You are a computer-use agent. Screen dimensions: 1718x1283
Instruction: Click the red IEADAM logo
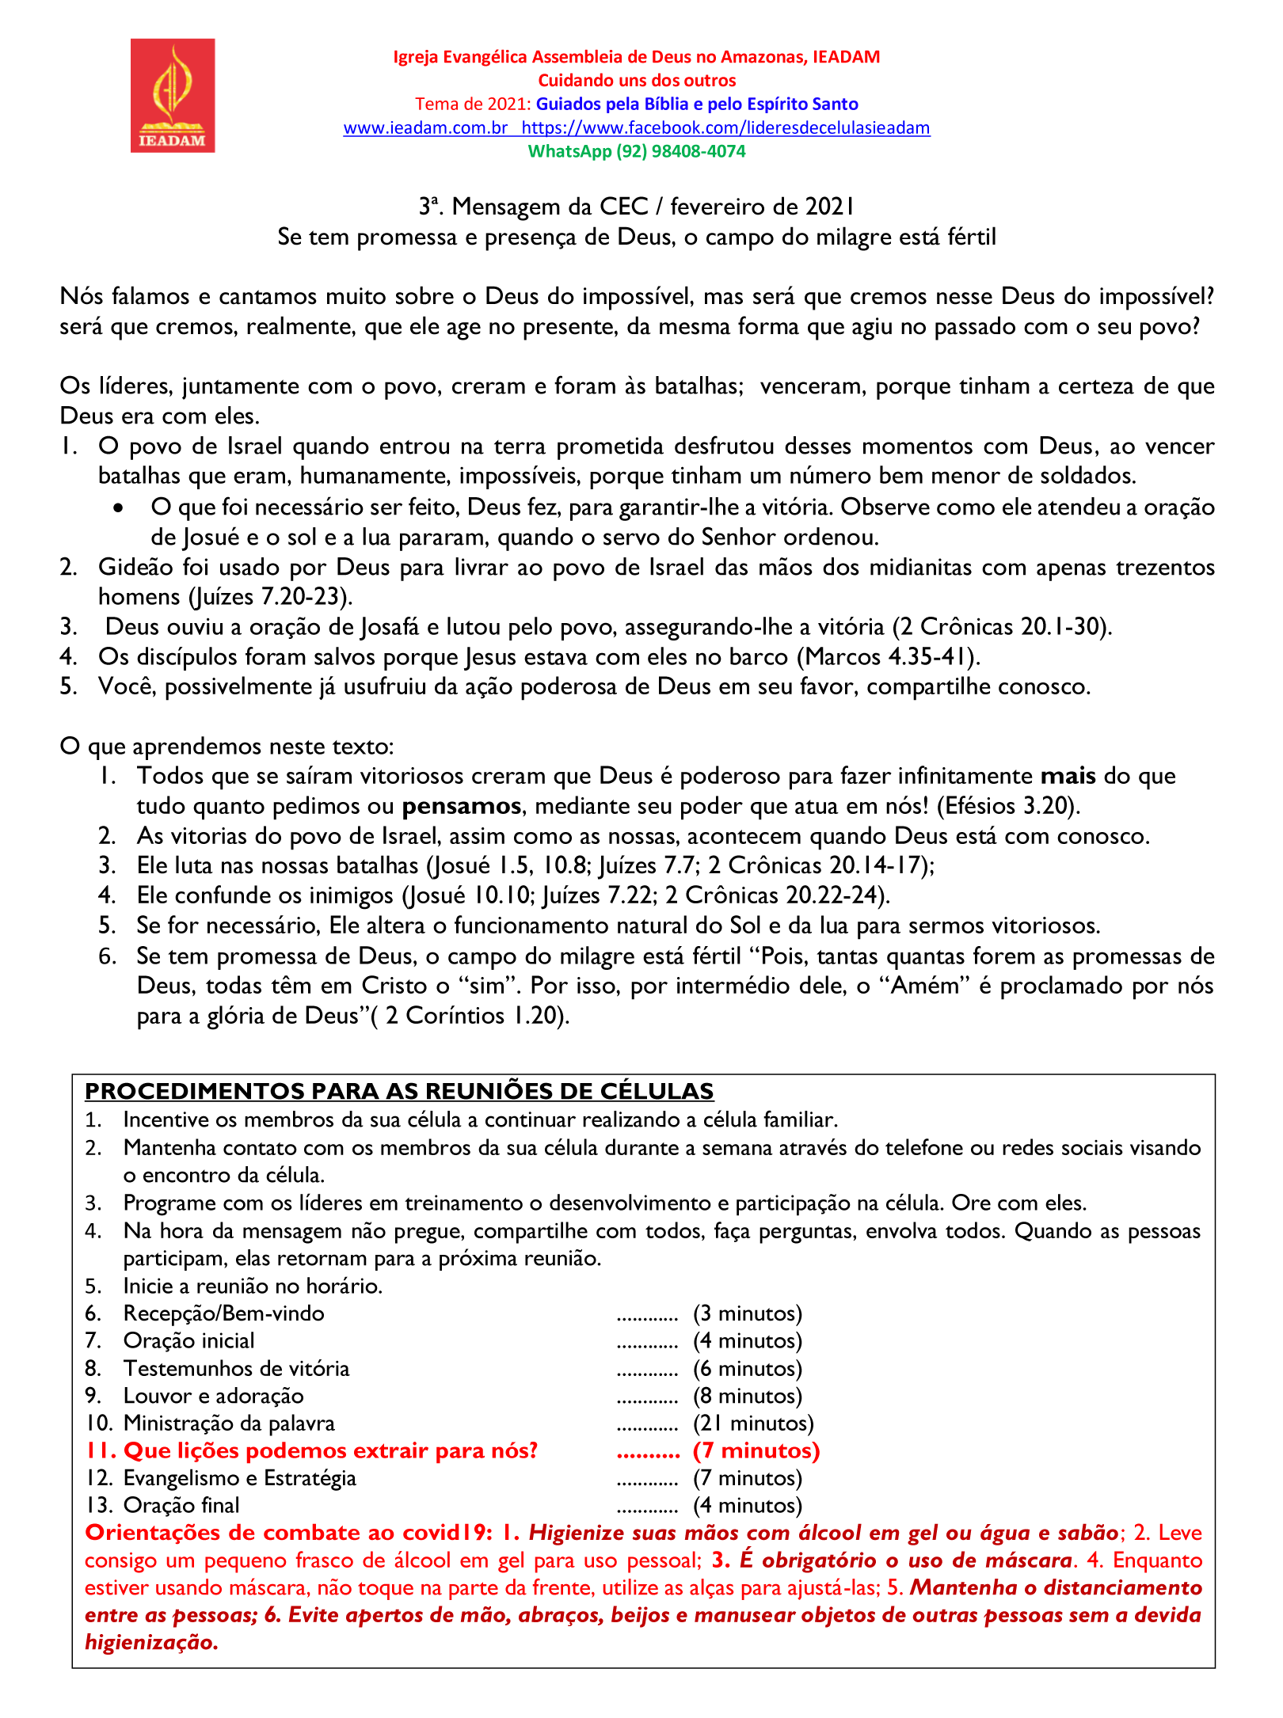(x=173, y=95)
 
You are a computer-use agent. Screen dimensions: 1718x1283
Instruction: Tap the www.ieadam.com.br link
(x=425, y=127)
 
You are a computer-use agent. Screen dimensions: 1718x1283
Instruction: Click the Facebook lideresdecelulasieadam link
(x=725, y=127)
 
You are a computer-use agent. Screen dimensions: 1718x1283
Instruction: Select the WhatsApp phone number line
(x=637, y=151)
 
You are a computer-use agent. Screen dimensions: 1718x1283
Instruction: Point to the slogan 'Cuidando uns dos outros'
(x=637, y=80)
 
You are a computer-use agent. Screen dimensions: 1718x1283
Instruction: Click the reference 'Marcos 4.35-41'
(x=889, y=656)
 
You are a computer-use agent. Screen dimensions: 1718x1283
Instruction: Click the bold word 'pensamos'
(x=462, y=806)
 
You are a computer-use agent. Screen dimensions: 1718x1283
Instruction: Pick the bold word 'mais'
(x=1068, y=776)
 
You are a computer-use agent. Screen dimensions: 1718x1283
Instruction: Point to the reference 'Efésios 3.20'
(x=1007, y=806)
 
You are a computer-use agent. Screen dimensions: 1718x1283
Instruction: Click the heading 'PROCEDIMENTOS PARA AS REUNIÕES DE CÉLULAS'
(x=399, y=1091)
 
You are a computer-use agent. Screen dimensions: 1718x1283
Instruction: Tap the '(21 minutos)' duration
(x=753, y=1423)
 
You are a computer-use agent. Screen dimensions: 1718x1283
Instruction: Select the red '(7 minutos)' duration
(x=756, y=1450)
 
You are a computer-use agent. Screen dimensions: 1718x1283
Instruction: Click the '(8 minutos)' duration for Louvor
(x=748, y=1396)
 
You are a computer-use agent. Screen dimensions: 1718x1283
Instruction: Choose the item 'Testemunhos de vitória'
(x=236, y=1368)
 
